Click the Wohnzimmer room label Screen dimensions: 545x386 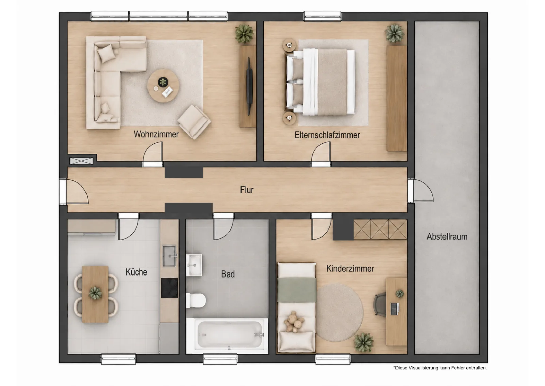click(156, 134)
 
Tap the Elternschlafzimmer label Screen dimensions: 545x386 click(327, 135)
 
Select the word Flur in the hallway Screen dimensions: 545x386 click(247, 190)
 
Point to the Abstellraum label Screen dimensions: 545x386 click(447, 236)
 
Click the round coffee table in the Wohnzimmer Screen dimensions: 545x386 click(163, 86)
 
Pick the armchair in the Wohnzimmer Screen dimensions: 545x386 click(194, 122)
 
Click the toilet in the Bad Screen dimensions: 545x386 click(196, 300)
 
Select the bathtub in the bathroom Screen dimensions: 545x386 click(227, 336)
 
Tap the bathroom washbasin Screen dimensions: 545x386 click(194, 265)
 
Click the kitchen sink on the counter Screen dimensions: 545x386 click(169, 256)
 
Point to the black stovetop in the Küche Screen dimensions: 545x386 click(169, 288)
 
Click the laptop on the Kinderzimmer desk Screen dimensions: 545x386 click(395, 309)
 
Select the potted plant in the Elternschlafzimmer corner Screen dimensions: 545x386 click(394, 33)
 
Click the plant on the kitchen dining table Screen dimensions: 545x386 click(95, 293)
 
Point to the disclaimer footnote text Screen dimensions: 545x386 click(440, 368)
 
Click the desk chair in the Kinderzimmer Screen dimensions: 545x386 click(379, 305)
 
